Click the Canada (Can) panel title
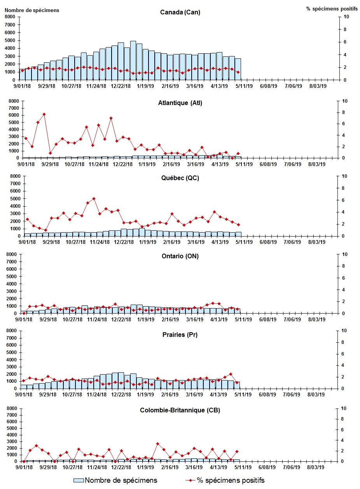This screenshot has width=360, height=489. pyautogui.click(x=180, y=12)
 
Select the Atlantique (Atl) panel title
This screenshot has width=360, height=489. pyautogui.click(x=180, y=103)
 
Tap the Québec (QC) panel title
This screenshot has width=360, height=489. pyautogui.click(x=180, y=178)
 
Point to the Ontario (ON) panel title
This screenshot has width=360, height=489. pyautogui.click(x=180, y=256)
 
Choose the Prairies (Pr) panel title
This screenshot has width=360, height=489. pyautogui.click(x=180, y=335)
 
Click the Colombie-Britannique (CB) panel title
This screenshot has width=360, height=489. pyautogui.click(x=180, y=410)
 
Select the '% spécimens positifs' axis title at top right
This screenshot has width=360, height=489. pyautogui.click(x=327, y=9)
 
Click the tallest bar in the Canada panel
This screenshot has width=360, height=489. pyautogui.click(x=133, y=60)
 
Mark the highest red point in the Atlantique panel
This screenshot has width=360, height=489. pyautogui.click(x=44, y=114)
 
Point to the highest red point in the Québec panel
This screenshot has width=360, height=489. pyautogui.click(x=94, y=198)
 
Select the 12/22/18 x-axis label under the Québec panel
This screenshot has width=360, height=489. pyautogui.click(x=122, y=242)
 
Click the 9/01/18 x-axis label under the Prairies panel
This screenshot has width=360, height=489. pyautogui.click(x=24, y=394)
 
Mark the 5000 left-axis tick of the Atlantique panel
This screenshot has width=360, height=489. pyautogui.click(x=11, y=122)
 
